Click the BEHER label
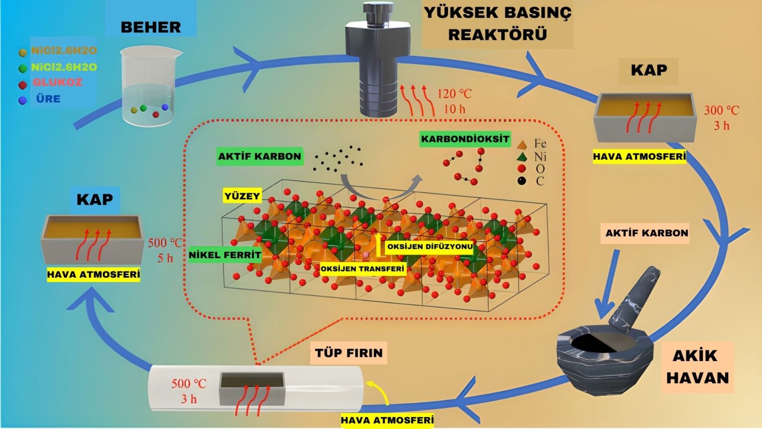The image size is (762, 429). [x=151, y=27]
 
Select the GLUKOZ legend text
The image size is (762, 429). [x=58, y=82]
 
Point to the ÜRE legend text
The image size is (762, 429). [x=48, y=99]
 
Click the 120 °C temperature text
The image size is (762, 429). [x=454, y=93]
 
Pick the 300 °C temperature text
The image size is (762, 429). [x=721, y=110]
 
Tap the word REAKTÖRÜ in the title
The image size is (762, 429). [x=498, y=34]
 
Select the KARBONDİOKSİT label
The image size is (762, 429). [x=465, y=139]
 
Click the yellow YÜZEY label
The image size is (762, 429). [x=242, y=196]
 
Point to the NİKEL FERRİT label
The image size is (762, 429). [x=225, y=255]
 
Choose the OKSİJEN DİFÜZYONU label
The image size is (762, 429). [x=430, y=247]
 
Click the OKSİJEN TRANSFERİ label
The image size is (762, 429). [x=362, y=269]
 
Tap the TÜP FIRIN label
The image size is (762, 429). [x=349, y=353]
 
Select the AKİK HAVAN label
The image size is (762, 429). [x=697, y=366]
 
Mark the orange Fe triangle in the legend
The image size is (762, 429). [x=522, y=145]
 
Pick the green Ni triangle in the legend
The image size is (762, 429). [x=522, y=157]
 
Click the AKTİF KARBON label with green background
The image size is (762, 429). [x=259, y=156]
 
